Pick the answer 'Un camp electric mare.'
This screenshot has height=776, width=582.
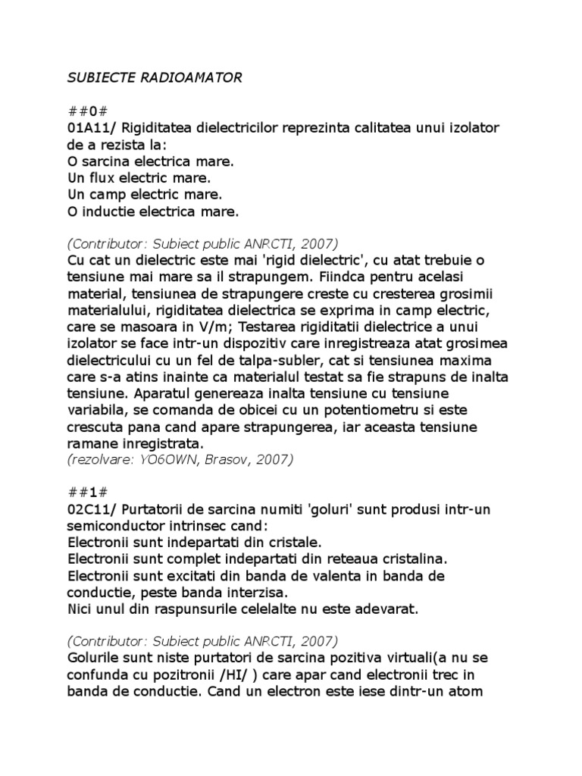144,195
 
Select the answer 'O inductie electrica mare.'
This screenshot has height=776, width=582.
153,212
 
